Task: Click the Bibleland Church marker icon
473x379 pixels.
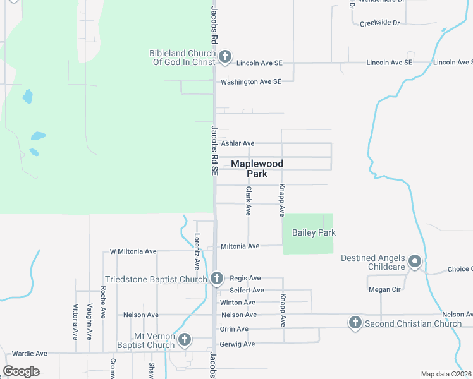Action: [224, 58]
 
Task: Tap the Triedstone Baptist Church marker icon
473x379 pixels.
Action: [217, 278]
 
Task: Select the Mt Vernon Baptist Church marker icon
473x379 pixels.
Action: [184, 340]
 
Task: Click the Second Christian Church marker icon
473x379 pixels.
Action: [355, 323]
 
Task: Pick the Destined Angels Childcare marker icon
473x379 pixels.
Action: [415, 262]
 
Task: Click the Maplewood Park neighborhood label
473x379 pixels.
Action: [257, 169]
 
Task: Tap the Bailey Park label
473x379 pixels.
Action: [314, 232]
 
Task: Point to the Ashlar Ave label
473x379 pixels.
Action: [238, 144]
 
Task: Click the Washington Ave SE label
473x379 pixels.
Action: [250, 82]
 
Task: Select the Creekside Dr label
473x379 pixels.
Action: [380, 23]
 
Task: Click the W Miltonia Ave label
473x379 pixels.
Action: [133, 251]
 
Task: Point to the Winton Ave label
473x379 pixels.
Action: [238, 303]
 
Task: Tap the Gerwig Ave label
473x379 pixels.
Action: [237, 344]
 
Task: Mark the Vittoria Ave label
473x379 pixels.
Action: [75, 322]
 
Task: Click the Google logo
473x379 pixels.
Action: [21, 371]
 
